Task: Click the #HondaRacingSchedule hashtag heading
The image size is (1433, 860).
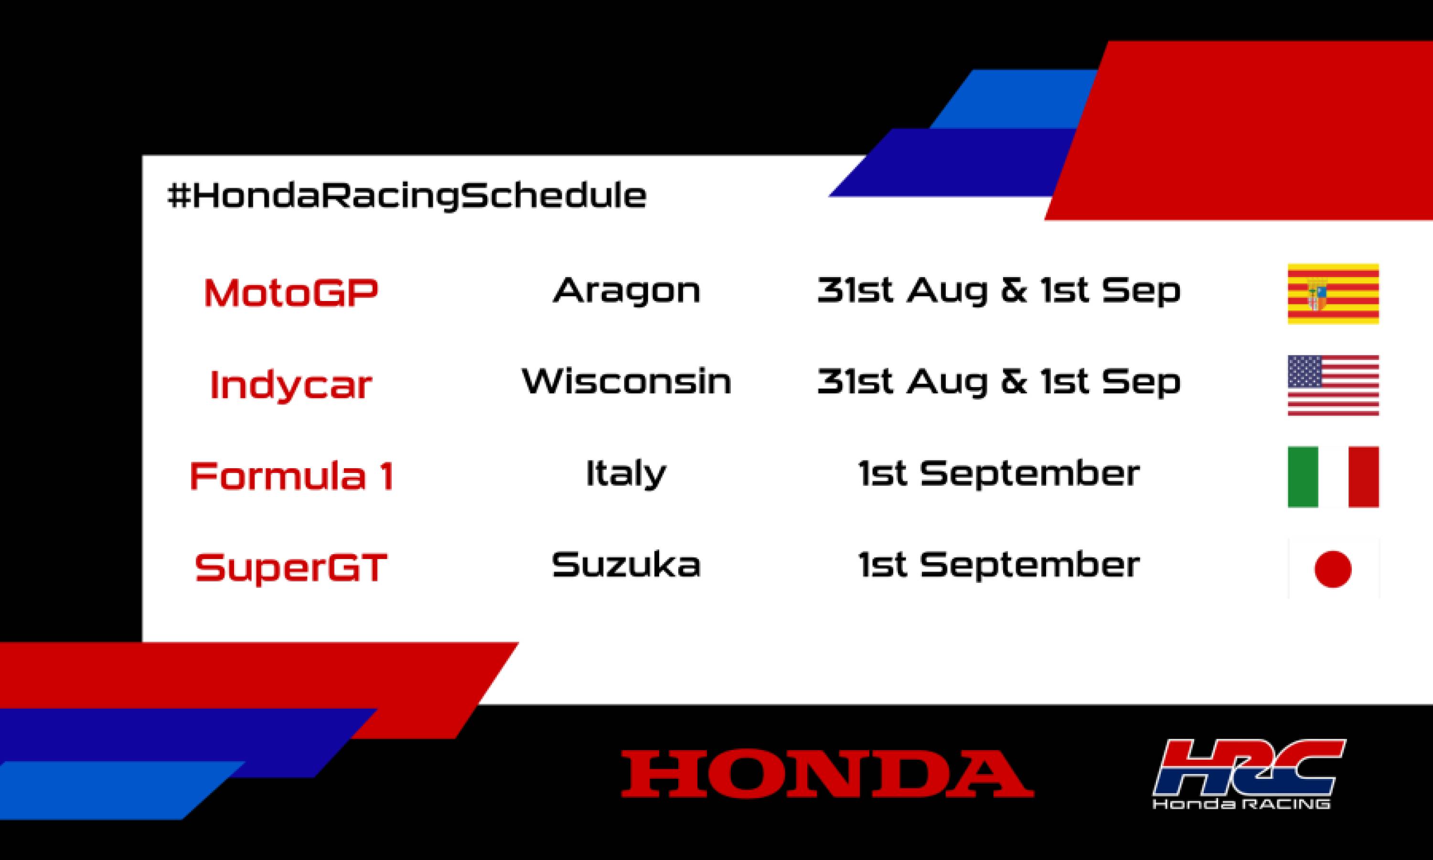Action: point(406,196)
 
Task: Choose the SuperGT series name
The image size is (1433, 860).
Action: point(291,567)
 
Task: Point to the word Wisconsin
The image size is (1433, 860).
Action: point(627,381)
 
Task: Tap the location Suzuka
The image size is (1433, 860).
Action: point(626,565)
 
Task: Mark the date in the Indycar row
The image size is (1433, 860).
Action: point(999,381)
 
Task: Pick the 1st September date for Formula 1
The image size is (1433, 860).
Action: point(999,473)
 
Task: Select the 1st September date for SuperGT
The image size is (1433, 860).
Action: point(999,565)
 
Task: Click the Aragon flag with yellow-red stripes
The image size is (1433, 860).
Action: point(1333,294)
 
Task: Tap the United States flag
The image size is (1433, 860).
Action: point(1333,386)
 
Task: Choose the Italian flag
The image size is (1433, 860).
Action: point(1333,476)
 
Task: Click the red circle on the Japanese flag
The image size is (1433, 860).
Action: point(1333,569)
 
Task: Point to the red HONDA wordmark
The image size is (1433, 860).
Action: point(827,774)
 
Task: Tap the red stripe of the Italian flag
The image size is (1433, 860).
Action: point(1363,476)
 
